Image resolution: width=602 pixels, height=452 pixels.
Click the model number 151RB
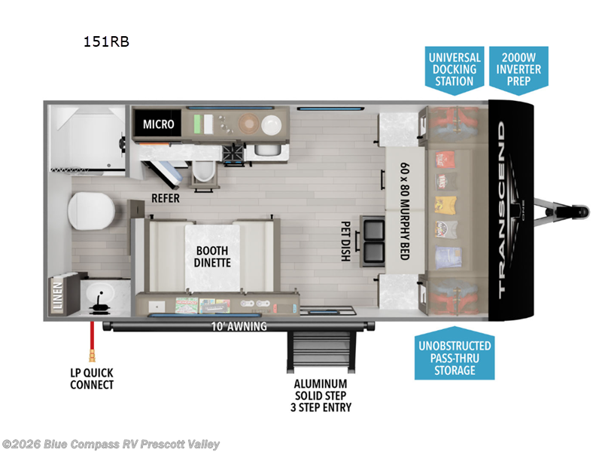click(106, 42)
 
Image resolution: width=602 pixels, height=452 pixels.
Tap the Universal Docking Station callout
click(455, 69)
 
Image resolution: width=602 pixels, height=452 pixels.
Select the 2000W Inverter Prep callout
click(518, 69)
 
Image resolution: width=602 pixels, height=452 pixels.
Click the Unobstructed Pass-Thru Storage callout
click(455, 358)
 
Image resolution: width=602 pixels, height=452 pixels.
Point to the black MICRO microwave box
click(158, 124)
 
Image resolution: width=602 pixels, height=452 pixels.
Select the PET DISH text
click(345, 240)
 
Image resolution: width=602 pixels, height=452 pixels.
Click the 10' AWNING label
click(237, 326)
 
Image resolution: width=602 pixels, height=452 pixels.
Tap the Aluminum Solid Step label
click(324, 395)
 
